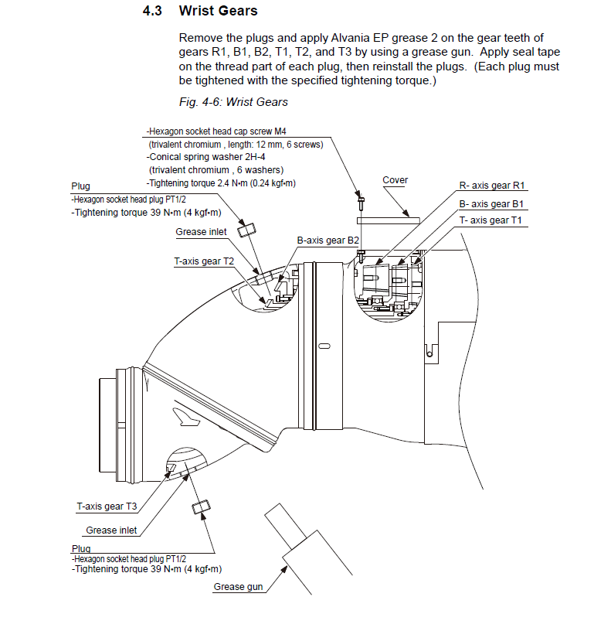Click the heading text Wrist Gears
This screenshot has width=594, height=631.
(x=218, y=12)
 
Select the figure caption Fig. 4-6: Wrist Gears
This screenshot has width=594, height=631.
(x=233, y=102)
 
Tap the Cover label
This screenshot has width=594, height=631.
(x=395, y=180)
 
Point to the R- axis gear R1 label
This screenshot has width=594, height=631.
(x=491, y=186)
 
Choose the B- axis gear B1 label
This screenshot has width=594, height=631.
(x=491, y=204)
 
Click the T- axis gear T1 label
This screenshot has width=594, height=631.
(x=491, y=220)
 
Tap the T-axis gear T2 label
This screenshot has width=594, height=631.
(x=204, y=261)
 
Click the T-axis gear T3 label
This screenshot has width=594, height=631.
(x=107, y=507)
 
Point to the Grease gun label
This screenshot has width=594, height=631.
(x=238, y=587)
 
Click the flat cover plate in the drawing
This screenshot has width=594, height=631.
(x=390, y=220)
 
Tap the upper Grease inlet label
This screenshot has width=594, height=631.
(x=202, y=231)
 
